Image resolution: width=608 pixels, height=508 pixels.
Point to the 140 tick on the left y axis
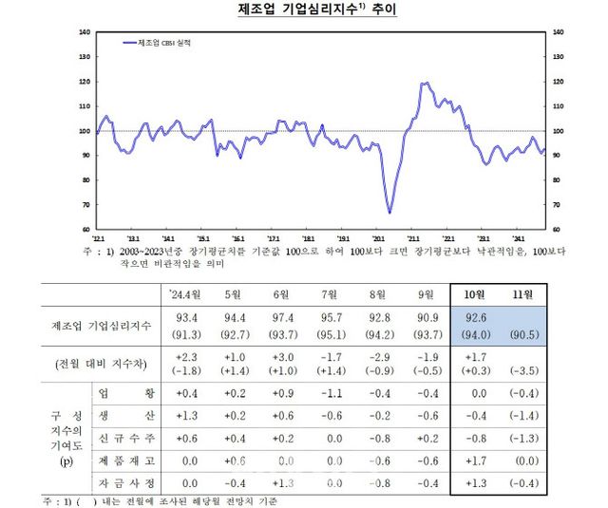tap(85, 32)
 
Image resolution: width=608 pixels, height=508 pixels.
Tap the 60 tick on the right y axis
tap(557, 229)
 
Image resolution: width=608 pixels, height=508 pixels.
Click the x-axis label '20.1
tap(378, 238)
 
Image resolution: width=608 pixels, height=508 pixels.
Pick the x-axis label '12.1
tap(98, 238)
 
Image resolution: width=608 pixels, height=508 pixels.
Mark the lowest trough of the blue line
tap(389, 212)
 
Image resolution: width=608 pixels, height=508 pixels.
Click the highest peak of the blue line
tap(424, 84)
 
